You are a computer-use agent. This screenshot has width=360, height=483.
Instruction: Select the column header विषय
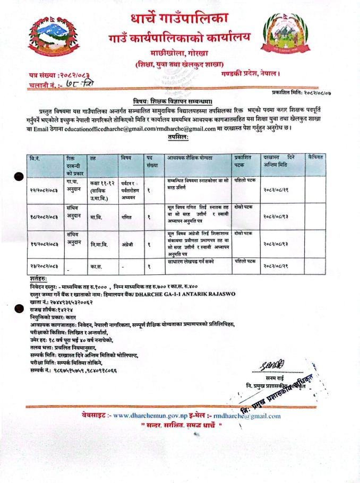pyautogui.click(x=126, y=158)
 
